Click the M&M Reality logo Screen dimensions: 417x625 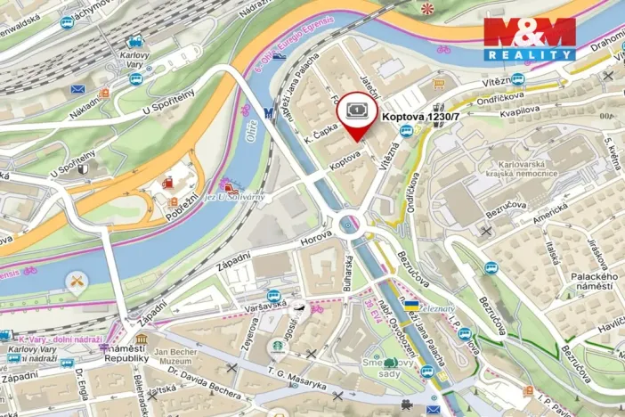click(529, 37)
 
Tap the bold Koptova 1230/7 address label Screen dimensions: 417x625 click(426, 116)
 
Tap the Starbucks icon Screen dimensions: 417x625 click(278, 346)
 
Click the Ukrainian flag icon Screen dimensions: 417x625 click(410, 306)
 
